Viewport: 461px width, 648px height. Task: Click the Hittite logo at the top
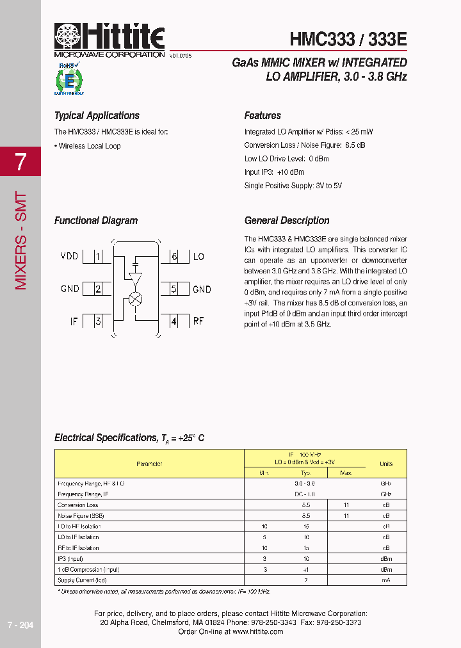click(x=109, y=38)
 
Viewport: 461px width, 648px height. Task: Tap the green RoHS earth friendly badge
click(x=69, y=79)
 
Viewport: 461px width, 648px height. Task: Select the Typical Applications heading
click(x=97, y=116)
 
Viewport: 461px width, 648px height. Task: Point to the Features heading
click(x=263, y=116)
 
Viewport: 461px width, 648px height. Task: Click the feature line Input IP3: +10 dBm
click(x=274, y=172)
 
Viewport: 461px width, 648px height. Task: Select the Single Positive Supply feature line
click(x=293, y=186)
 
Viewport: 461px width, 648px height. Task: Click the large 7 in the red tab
click(x=20, y=162)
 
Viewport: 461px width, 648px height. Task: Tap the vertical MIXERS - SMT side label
click(x=20, y=240)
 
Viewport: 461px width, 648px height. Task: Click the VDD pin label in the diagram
click(x=69, y=257)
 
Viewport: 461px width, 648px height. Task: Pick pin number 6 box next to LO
click(x=174, y=257)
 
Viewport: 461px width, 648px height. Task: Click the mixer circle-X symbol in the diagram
click(x=135, y=299)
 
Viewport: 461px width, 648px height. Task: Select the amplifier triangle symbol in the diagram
click(x=135, y=279)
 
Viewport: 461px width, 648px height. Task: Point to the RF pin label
click(x=198, y=321)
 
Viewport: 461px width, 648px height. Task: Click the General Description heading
click(x=287, y=221)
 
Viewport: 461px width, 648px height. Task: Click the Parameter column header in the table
click(x=149, y=464)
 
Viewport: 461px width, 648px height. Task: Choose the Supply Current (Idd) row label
click(x=82, y=580)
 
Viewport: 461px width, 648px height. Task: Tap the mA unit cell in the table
click(x=386, y=580)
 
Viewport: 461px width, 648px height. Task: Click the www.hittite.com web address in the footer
click(x=257, y=631)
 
